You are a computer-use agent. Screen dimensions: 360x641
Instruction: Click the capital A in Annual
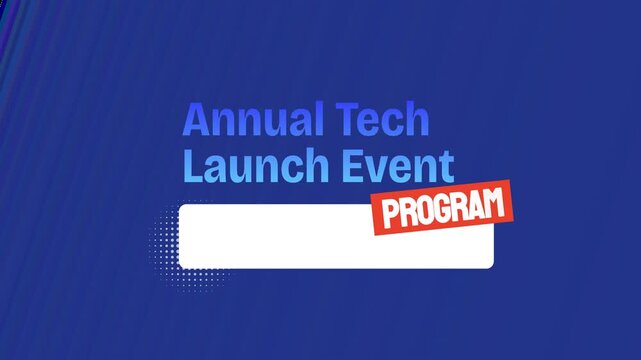pyautogui.click(x=197, y=120)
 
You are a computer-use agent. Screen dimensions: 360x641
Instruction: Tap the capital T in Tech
pyautogui.click(x=349, y=120)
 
